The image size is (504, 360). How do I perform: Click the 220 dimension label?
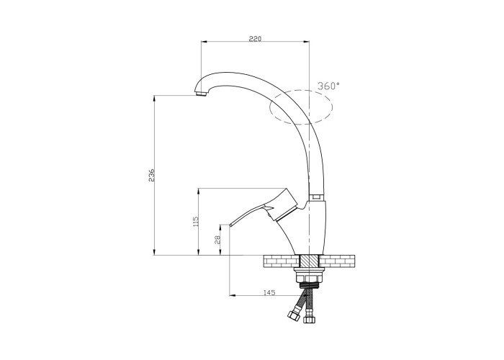255,39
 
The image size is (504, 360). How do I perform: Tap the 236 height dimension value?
151,175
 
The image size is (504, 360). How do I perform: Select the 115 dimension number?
196,222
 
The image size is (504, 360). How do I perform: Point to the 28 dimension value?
218,240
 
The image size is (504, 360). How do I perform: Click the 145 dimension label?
269,292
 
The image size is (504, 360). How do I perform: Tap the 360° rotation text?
328,86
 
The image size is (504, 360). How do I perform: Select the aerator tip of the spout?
202,94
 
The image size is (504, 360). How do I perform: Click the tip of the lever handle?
230,225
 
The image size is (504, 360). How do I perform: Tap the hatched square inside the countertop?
309,261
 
